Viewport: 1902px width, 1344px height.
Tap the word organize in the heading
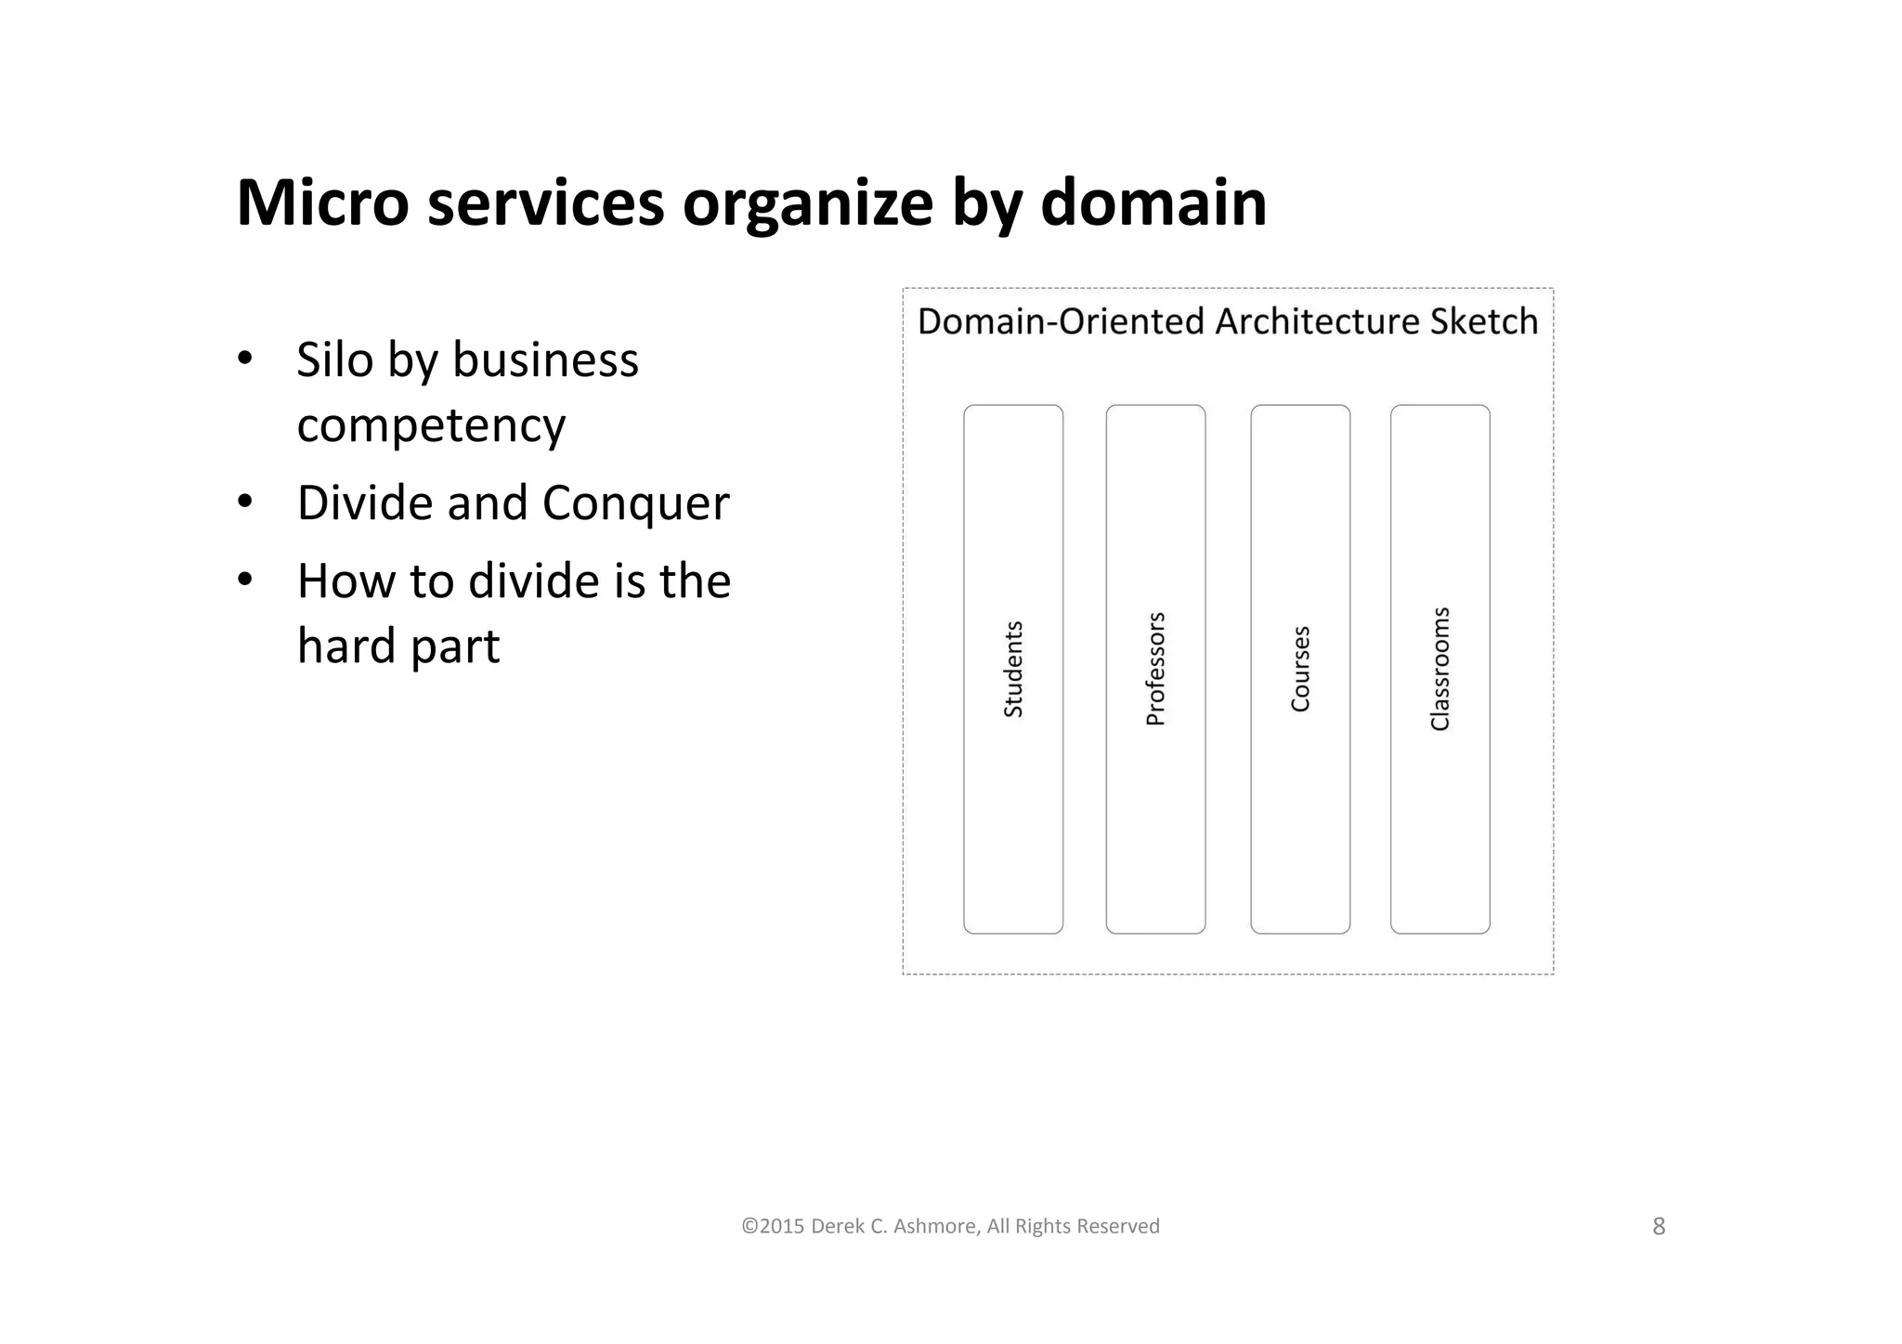807,204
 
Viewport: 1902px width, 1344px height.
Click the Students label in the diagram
1013,669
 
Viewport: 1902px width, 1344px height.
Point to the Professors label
1155,669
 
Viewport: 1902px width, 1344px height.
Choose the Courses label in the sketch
1300,669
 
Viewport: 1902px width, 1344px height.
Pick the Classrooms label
1440,669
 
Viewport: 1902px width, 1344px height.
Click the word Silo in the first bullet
334,359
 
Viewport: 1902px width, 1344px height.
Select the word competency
431,426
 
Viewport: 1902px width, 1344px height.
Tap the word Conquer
635,504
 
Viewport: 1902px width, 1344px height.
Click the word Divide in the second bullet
364,502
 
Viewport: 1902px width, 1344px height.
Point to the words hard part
398,646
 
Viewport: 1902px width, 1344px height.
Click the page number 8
1659,1227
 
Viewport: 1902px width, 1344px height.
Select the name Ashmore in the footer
935,1227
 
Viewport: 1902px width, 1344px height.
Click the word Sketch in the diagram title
1484,321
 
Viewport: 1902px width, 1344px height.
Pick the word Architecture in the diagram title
1318,321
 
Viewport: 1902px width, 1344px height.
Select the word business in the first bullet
545,359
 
